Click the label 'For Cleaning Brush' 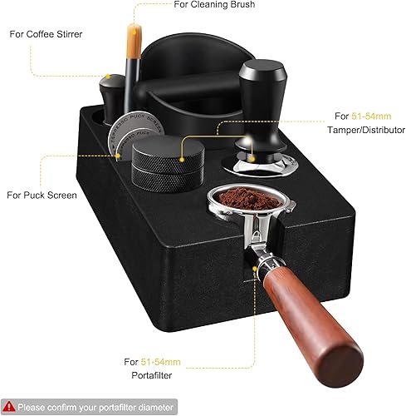pos(214,4)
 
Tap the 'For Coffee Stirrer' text pos(46,34)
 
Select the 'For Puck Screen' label pos(42,196)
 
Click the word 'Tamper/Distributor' pos(366,130)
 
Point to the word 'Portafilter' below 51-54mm pos(152,375)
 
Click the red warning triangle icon pos(9,407)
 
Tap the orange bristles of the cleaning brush pos(135,40)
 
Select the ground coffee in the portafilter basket pos(249,198)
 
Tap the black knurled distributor pos(168,164)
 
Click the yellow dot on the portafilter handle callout pos(255,269)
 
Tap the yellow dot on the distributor pos(182,160)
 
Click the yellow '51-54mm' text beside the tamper pos(371,116)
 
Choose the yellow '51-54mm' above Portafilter pos(160,362)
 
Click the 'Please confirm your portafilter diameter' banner pos(89,407)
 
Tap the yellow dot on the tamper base pos(252,159)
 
